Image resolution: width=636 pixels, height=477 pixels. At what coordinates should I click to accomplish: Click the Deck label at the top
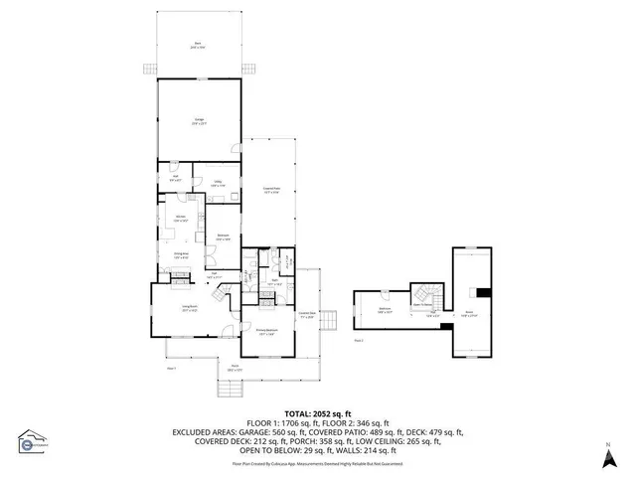click(x=199, y=44)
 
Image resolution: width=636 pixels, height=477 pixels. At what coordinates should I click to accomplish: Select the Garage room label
click(x=199, y=121)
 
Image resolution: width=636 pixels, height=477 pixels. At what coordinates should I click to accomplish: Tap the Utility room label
click(x=217, y=183)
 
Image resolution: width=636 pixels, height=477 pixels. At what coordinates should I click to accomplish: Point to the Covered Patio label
click(x=270, y=191)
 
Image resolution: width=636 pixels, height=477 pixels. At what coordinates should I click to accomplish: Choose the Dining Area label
click(x=183, y=256)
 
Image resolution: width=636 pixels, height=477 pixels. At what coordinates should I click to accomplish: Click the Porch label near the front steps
click(x=236, y=369)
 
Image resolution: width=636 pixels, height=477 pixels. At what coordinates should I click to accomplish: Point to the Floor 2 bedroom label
click(x=386, y=311)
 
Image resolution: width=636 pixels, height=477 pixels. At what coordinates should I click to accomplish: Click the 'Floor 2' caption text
click(x=359, y=340)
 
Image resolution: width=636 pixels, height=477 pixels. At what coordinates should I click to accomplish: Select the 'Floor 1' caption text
click(x=171, y=367)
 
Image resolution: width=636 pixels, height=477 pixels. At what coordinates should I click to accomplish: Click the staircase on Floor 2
click(x=422, y=295)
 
